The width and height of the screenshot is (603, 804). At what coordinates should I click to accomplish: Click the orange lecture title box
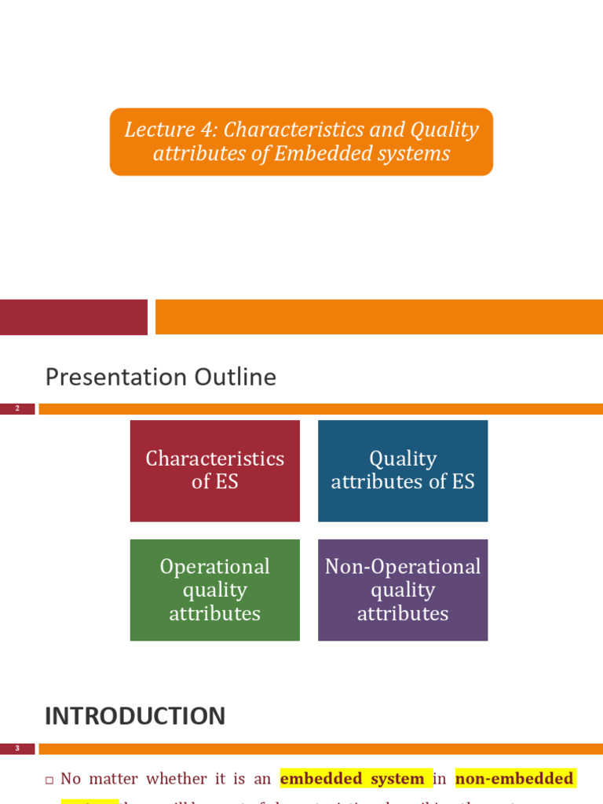tap(301, 141)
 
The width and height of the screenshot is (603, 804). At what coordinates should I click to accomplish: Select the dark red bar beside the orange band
tap(73, 317)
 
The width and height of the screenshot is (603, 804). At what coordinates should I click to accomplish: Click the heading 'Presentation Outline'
tap(161, 377)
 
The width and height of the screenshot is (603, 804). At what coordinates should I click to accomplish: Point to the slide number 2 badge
tap(17, 409)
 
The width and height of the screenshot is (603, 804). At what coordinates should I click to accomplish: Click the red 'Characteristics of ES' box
tap(214, 470)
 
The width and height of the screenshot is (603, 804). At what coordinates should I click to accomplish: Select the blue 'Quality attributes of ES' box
tap(403, 470)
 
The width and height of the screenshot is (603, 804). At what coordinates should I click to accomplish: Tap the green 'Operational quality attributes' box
tap(214, 590)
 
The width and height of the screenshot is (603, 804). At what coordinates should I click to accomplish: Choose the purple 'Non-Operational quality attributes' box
tap(403, 590)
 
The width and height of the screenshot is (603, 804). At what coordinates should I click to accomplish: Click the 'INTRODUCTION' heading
tap(135, 715)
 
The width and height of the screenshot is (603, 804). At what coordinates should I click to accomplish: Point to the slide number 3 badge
tap(17, 749)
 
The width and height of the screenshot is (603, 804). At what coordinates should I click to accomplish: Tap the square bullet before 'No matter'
tap(49, 780)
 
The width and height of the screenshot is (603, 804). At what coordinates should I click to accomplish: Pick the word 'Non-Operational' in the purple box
tap(403, 567)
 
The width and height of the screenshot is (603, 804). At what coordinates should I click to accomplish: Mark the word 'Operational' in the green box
tap(214, 567)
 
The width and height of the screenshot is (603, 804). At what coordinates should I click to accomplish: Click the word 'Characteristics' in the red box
tap(214, 459)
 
